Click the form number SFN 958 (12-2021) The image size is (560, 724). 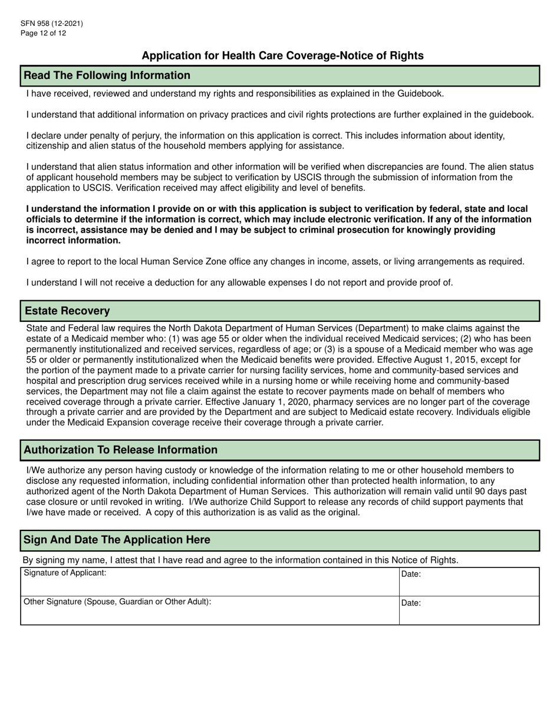[51, 24]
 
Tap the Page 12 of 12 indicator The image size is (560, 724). [43, 33]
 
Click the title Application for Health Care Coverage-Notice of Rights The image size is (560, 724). [282, 56]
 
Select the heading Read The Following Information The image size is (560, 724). [107, 75]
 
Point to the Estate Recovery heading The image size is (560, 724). [67, 311]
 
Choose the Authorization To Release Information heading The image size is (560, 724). [121, 450]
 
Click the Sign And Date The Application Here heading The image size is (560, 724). [117, 540]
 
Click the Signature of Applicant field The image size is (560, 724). [209, 582]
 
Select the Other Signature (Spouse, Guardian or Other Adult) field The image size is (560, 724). [209, 611]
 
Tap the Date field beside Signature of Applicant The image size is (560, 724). [469, 582]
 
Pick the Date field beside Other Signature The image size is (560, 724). [469, 611]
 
